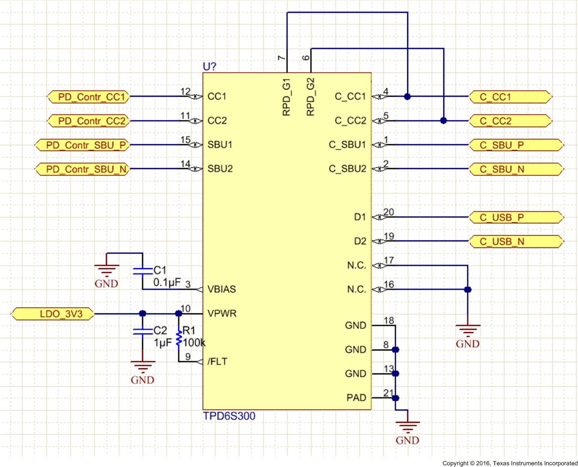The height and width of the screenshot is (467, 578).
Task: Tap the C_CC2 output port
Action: pyautogui.click(x=509, y=121)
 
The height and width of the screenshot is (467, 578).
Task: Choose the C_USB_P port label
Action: pyautogui.click(x=516, y=218)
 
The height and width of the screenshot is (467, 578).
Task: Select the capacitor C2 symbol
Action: pyautogui.click(x=142, y=331)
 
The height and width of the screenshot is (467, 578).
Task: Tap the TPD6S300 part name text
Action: pyautogui.click(x=229, y=416)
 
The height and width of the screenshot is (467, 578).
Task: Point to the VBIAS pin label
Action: pyautogui.click(x=221, y=290)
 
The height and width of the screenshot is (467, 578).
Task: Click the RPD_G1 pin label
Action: pyautogui.click(x=287, y=97)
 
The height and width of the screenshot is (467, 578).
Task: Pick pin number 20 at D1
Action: pyautogui.click(x=389, y=212)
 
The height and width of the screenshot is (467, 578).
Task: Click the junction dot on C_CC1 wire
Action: pyautogui.click(x=407, y=96)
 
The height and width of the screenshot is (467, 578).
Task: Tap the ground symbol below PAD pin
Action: pyautogui.click(x=407, y=427)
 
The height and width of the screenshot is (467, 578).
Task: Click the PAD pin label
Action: pyautogui.click(x=356, y=398)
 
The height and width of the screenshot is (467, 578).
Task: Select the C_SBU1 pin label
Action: pyautogui.click(x=347, y=145)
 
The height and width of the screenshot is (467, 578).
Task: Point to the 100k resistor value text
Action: pyautogui.click(x=194, y=343)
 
